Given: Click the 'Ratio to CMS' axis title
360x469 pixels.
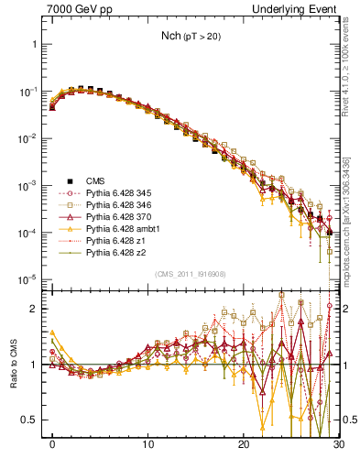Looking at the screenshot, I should coord(16,364).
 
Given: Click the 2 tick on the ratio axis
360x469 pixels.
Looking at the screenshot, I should coord(41,309).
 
